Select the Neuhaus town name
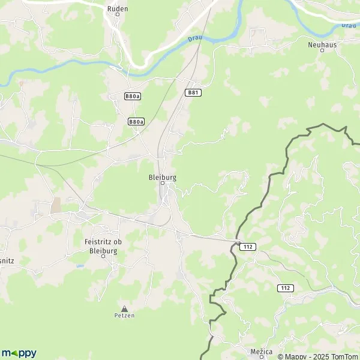322,44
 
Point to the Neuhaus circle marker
322,50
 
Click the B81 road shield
191,92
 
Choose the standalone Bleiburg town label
162,178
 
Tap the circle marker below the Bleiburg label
162,184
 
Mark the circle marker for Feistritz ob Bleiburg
103,254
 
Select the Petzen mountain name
125,315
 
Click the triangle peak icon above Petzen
125,308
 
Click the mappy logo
19,353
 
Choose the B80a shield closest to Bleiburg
136,121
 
